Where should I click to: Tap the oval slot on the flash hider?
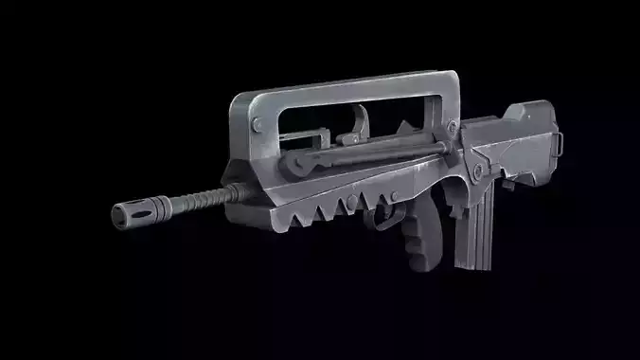(x=137, y=212)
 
